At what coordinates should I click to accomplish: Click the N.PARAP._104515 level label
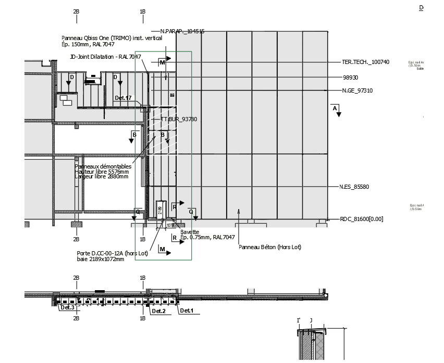(182, 31)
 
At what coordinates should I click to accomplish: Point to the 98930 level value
(350, 77)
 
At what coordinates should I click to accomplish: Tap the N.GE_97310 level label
(357, 90)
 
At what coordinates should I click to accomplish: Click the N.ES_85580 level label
(354, 187)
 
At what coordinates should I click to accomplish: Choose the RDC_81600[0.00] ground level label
(361, 219)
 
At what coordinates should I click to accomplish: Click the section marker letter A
(335, 108)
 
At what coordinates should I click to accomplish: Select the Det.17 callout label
(123, 98)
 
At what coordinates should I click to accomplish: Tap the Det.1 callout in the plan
(186, 311)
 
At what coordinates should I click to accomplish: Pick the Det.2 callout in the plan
(158, 311)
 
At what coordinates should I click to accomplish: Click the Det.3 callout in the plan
(67, 307)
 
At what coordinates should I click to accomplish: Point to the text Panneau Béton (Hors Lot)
(269, 247)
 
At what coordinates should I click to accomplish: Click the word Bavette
(190, 232)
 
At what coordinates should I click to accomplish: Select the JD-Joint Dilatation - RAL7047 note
(106, 56)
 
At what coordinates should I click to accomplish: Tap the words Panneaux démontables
(103, 166)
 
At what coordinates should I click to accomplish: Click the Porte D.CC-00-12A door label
(112, 253)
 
